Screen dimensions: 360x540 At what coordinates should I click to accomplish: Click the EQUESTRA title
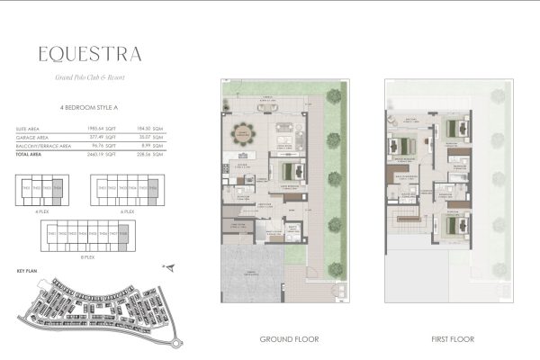89,53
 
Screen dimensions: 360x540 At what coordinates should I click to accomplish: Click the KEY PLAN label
26,269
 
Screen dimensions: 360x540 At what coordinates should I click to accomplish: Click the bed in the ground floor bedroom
289,169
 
